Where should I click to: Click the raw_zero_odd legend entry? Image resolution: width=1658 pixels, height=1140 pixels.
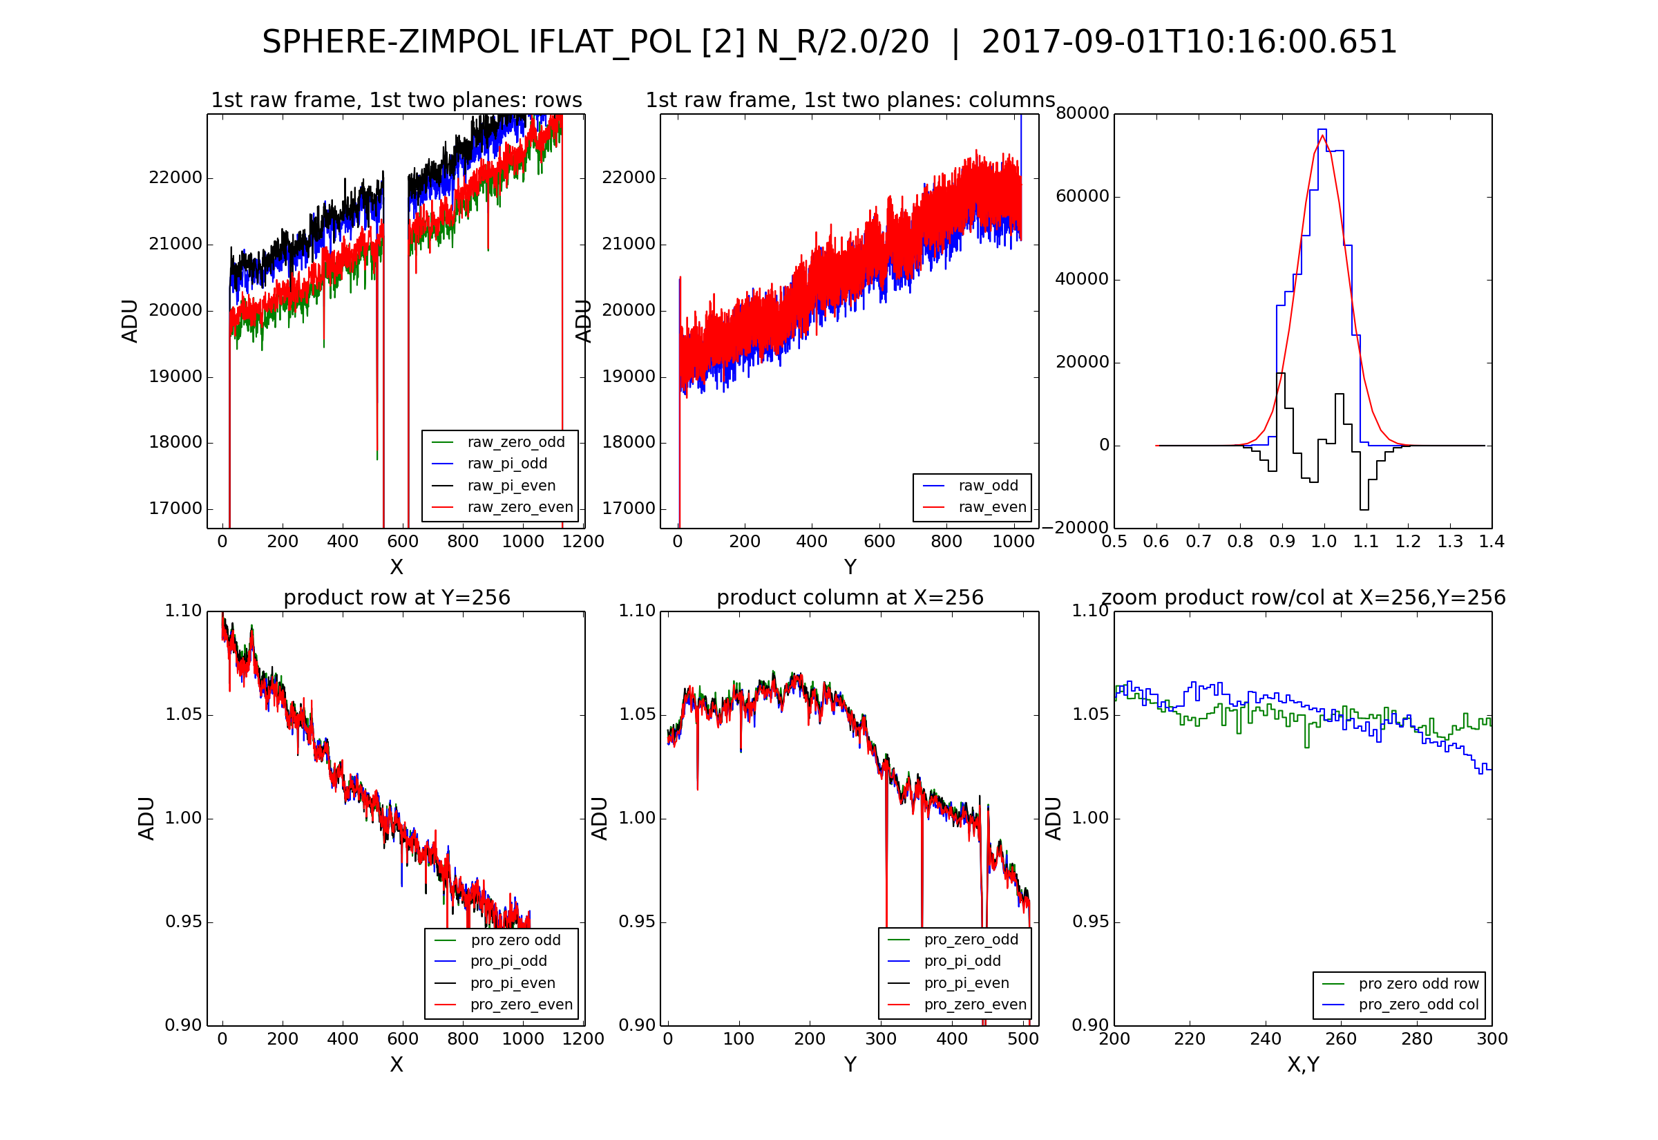[x=515, y=442]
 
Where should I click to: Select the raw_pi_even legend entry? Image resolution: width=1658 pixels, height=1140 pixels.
[x=511, y=486]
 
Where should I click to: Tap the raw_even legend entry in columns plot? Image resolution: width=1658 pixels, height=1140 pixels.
[x=992, y=507]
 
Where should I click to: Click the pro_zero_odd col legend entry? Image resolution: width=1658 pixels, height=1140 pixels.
[x=1418, y=1005]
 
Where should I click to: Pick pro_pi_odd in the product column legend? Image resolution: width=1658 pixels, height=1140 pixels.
[x=962, y=961]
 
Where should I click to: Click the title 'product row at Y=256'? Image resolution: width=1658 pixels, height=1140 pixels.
[x=397, y=597]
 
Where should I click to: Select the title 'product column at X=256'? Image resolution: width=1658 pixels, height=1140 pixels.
[x=850, y=597]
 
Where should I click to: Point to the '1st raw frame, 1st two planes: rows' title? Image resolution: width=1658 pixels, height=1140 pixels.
[x=397, y=100]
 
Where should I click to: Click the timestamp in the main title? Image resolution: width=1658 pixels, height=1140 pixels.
[x=1189, y=42]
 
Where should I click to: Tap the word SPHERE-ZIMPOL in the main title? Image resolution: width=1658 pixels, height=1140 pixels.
[x=390, y=42]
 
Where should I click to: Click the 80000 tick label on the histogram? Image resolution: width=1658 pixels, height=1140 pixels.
[x=1083, y=113]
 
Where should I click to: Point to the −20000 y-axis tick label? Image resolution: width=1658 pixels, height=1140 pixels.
[x=1076, y=527]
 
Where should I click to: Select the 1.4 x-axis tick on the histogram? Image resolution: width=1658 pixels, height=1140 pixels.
[x=1492, y=542]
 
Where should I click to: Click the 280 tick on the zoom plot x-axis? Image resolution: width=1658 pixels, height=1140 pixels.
[x=1417, y=1038]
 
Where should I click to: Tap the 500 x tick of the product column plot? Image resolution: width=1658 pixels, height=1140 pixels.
[x=1023, y=1038]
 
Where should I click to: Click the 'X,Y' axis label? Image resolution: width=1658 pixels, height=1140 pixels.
[x=1303, y=1065]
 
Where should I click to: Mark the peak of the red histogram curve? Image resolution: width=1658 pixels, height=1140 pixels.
[x=1322, y=135]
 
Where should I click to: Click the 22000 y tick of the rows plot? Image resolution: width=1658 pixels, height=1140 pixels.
[x=175, y=178]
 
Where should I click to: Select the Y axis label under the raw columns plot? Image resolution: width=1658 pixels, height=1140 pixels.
[x=850, y=567]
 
